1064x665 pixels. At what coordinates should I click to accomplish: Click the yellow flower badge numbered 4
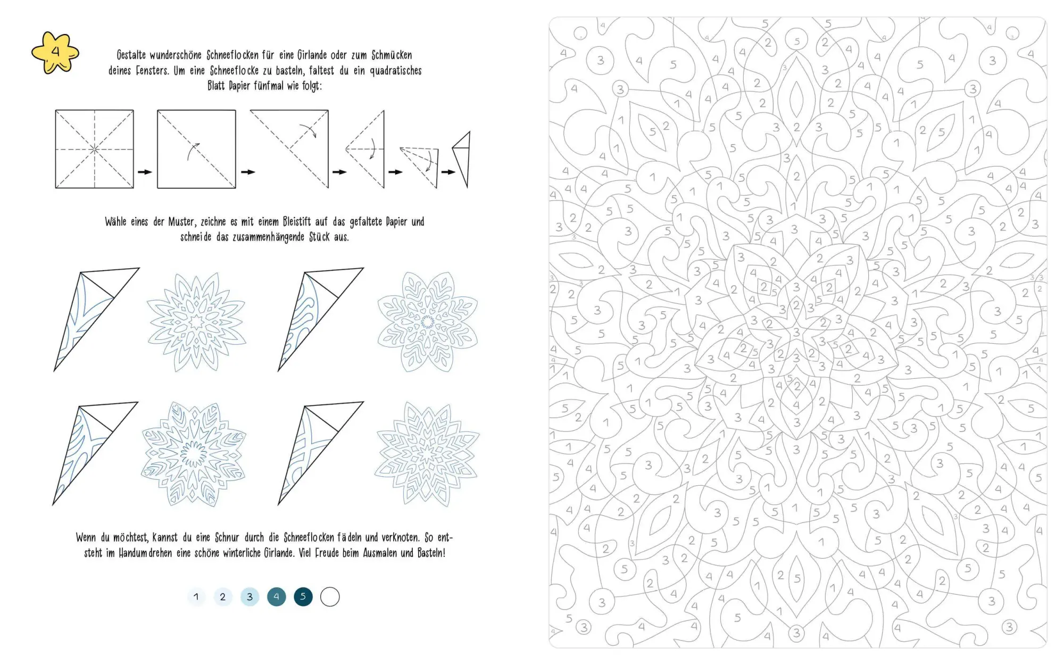point(55,53)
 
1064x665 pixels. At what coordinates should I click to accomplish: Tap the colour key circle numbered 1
point(196,597)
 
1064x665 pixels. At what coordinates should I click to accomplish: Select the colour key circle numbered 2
point(223,597)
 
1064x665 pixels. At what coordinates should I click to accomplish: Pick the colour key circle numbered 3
point(250,597)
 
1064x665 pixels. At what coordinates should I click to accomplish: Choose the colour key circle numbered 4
point(277,597)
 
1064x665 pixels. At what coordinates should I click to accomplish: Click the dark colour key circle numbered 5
point(303,597)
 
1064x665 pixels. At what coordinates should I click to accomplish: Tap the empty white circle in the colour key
point(330,597)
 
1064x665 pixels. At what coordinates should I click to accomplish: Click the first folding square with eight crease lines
point(95,149)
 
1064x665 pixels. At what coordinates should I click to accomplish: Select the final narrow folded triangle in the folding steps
point(462,159)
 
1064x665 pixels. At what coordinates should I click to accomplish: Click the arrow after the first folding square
point(145,172)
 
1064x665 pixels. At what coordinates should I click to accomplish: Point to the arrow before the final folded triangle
point(448,172)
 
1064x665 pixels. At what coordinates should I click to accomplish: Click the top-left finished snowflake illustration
point(197,322)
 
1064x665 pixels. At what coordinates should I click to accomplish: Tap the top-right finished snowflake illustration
point(428,322)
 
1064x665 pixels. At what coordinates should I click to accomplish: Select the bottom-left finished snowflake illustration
point(194,454)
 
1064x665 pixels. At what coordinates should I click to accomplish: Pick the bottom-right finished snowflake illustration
point(427,454)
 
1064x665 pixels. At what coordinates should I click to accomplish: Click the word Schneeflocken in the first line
point(232,55)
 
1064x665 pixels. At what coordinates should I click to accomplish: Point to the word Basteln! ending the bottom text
point(431,553)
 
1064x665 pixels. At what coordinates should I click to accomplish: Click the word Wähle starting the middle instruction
point(115,222)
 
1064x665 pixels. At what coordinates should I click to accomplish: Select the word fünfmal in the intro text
point(269,86)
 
